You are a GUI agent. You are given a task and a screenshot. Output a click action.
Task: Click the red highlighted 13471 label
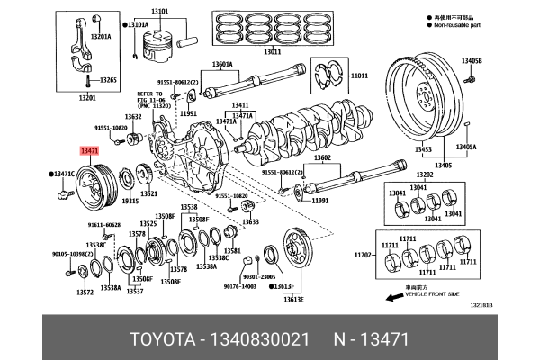pos(90,153)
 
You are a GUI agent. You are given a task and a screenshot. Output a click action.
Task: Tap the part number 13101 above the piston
pos(160,10)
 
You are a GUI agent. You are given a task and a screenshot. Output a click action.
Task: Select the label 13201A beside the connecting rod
pos(100,37)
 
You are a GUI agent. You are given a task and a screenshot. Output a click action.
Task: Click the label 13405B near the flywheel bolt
pos(472,61)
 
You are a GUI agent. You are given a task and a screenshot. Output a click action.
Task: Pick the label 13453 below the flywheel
pos(422,150)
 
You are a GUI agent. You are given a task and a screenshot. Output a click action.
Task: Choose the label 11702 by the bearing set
pos(388,256)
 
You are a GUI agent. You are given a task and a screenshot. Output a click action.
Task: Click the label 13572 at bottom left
pos(85,292)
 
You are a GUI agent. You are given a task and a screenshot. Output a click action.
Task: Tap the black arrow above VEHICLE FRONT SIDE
pos(392,296)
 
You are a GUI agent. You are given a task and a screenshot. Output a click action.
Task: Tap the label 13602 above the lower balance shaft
pos(323,157)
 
